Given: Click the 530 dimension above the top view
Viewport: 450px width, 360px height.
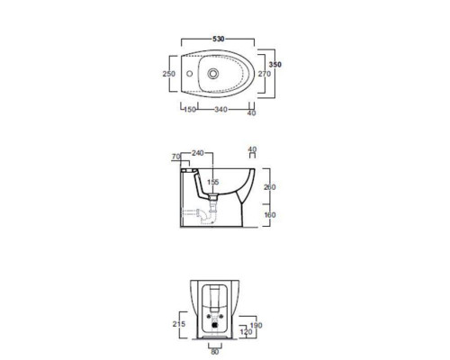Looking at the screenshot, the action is coord(219,39).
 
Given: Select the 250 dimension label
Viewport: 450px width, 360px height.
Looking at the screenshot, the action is coord(168,74).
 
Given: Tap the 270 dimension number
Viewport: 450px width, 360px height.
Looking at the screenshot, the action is coord(265,74).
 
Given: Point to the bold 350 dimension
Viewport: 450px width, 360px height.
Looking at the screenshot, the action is coord(275,64).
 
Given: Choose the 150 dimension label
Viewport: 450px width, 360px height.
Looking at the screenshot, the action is coord(190,110).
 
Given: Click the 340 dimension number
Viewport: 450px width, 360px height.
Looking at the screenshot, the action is coord(220,110).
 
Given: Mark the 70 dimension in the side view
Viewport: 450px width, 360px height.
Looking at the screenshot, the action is coord(176,157).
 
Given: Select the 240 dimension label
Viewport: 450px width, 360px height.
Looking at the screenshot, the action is coord(198,153).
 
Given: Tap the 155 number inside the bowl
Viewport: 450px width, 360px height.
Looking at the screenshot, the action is coord(213,182).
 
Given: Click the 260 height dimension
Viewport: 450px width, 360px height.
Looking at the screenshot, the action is coord(269,187).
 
